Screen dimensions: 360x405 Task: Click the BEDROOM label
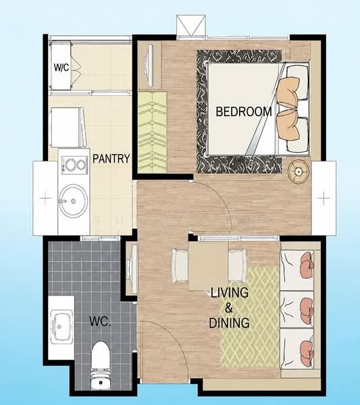[244, 111]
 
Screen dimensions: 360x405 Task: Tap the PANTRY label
[111, 159]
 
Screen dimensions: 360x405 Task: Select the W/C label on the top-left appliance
[61, 67]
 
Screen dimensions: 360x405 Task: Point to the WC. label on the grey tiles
[100, 321]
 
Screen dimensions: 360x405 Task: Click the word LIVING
[230, 293]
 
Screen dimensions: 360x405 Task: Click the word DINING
[229, 323]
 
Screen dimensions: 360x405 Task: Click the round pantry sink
[73, 201]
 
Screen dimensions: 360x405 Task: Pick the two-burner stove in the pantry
[74, 165]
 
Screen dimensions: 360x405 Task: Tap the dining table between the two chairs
[208, 266]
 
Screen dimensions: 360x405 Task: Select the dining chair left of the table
[180, 265]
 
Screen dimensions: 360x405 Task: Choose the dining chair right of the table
[238, 265]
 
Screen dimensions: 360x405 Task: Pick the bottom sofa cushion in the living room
[297, 348]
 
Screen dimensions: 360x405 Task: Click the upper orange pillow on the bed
[288, 92]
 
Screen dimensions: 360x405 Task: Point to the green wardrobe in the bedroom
[153, 132]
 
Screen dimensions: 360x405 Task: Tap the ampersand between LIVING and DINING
[229, 308]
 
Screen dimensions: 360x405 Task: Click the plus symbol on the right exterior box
[324, 198]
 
